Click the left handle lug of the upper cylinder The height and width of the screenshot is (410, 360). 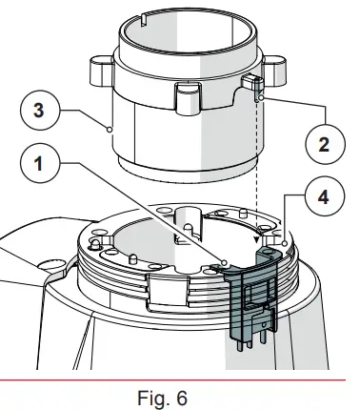tap(99, 72)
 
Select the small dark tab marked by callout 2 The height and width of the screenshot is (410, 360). tap(255, 88)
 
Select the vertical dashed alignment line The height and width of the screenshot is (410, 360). tap(257, 172)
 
